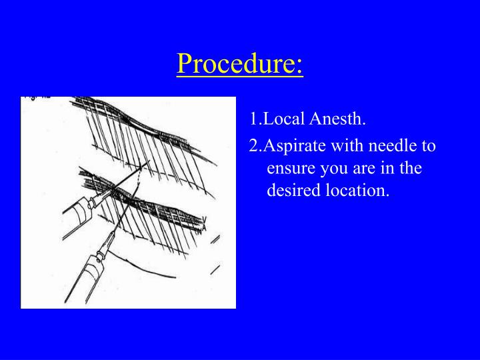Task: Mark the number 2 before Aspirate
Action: (253, 145)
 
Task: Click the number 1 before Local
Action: (253, 119)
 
